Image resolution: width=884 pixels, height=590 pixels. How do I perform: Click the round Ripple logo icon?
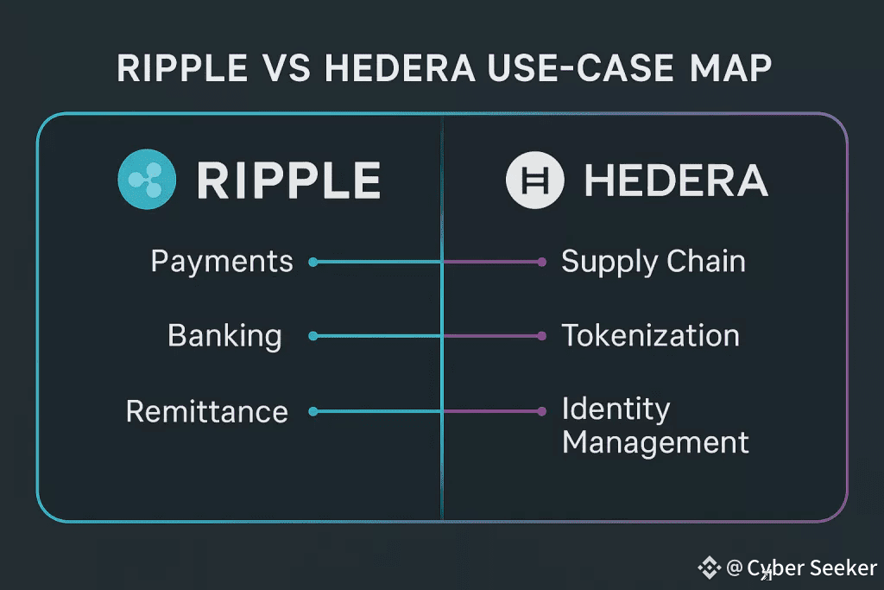(x=147, y=179)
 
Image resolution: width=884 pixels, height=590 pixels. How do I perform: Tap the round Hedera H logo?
(x=534, y=180)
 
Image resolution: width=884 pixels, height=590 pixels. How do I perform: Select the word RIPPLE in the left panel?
(x=288, y=180)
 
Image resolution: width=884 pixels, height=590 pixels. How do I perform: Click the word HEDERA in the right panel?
(x=676, y=180)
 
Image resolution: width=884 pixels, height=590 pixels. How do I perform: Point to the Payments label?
(x=222, y=261)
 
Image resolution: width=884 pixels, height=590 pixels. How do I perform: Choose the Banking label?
(x=224, y=335)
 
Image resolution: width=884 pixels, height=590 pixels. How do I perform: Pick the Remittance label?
(x=207, y=411)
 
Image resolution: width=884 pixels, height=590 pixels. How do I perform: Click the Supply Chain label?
(x=654, y=261)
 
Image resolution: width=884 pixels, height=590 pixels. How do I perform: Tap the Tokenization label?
(x=650, y=335)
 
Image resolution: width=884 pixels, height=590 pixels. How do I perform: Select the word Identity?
(x=616, y=408)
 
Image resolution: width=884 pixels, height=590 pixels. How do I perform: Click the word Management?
(x=655, y=443)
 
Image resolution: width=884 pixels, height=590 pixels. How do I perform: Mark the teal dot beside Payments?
(x=313, y=262)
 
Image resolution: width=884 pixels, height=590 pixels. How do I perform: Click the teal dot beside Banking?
(x=313, y=336)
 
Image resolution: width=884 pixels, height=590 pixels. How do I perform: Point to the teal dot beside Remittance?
(x=313, y=412)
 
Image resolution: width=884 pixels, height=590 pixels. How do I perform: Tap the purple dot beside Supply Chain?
(x=541, y=262)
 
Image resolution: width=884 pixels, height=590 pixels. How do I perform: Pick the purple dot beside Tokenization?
(x=541, y=336)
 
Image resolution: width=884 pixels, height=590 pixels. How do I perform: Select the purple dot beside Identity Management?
(x=541, y=412)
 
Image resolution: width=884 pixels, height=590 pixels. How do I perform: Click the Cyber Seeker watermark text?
(x=811, y=568)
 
